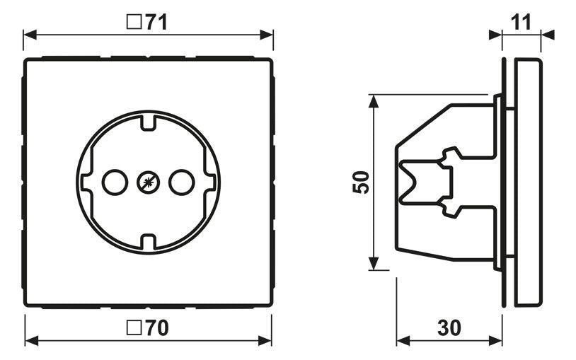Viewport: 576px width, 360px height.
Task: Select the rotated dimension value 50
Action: click(x=360, y=182)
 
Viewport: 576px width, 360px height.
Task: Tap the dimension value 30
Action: click(x=449, y=327)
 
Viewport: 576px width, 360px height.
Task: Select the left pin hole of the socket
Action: click(x=113, y=182)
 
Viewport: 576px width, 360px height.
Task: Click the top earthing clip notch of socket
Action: click(x=148, y=121)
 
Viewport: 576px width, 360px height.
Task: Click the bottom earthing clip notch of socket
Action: click(x=148, y=243)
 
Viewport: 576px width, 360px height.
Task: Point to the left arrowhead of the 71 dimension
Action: click(x=29, y=34)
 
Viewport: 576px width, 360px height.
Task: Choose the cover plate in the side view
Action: click(x=528, y=182)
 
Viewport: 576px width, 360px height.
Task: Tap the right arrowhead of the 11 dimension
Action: click(x=548, y=34)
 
